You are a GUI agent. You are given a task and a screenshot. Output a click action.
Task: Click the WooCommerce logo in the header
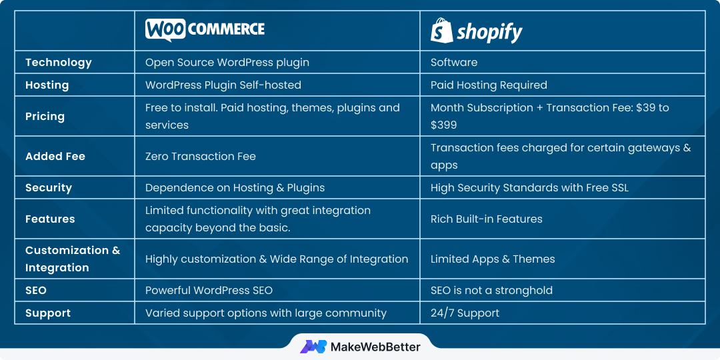[205, 30]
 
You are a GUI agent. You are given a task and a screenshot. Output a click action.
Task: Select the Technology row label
[58, 62]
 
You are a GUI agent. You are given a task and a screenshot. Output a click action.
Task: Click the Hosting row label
[47, 85]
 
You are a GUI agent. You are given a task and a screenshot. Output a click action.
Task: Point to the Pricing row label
[45, 116]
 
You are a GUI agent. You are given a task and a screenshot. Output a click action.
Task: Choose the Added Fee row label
[55, 156]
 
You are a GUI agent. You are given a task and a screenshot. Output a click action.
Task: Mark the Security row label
[49, 187]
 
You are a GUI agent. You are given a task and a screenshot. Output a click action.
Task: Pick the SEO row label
[36, 290]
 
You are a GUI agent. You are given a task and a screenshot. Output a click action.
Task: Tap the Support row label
[48, 313]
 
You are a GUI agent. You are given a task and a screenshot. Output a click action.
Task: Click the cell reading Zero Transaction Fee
[200, 156]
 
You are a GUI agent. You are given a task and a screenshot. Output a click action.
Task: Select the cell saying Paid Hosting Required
[489, 85]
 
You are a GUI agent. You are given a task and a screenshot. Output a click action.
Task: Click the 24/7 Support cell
[465, 313]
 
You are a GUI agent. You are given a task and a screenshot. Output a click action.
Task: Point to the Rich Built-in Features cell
[486, 219]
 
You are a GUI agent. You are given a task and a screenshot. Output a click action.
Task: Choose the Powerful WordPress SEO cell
[209, 290]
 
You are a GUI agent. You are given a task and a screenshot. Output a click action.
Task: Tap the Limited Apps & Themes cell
[493, 259]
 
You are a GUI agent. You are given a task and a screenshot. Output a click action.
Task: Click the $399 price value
[443, 125]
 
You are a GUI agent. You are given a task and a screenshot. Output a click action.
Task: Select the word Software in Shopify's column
[454, 62]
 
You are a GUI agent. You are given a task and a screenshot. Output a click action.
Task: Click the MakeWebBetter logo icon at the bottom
[313, 347]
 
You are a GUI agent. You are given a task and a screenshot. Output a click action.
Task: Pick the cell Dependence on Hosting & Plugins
[235, 187]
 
